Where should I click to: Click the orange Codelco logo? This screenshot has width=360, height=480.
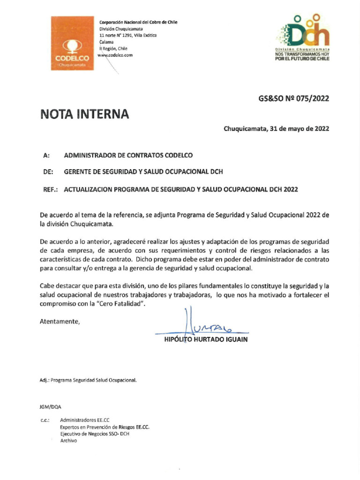(x=72, y=43)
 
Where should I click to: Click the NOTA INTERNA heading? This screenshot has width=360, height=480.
(x=84, y=114)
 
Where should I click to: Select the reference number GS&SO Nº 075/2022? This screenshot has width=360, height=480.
(x=294, y=98)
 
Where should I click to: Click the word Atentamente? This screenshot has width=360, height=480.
(x=60, y=321)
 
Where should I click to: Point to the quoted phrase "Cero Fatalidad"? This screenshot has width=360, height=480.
(x=128, y=304)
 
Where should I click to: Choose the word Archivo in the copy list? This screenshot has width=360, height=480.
(x=68, y=441)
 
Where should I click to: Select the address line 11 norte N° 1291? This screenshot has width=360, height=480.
(x=128, y=35)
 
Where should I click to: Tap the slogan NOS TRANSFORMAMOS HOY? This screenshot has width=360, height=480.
(x=302, y=54)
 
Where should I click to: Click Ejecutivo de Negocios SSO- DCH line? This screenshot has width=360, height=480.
(x=95, y=434)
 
